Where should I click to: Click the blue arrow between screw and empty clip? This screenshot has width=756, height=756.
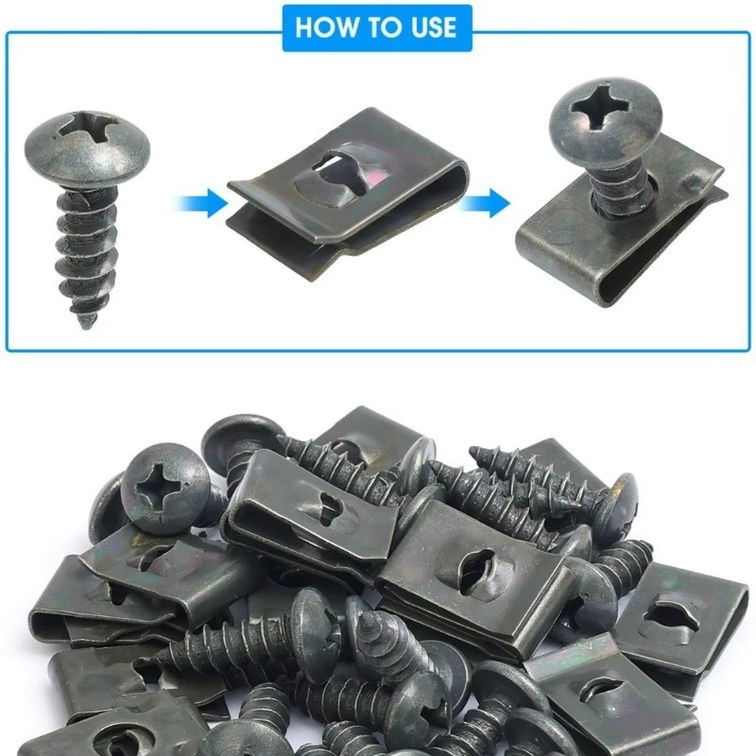200,203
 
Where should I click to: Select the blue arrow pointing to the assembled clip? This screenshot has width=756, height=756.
484,203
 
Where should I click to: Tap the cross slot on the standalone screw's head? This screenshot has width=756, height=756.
88,128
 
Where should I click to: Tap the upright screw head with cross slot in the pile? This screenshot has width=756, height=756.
164,488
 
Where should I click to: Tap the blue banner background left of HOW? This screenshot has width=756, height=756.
289,27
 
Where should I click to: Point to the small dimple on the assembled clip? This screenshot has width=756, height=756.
693,182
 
